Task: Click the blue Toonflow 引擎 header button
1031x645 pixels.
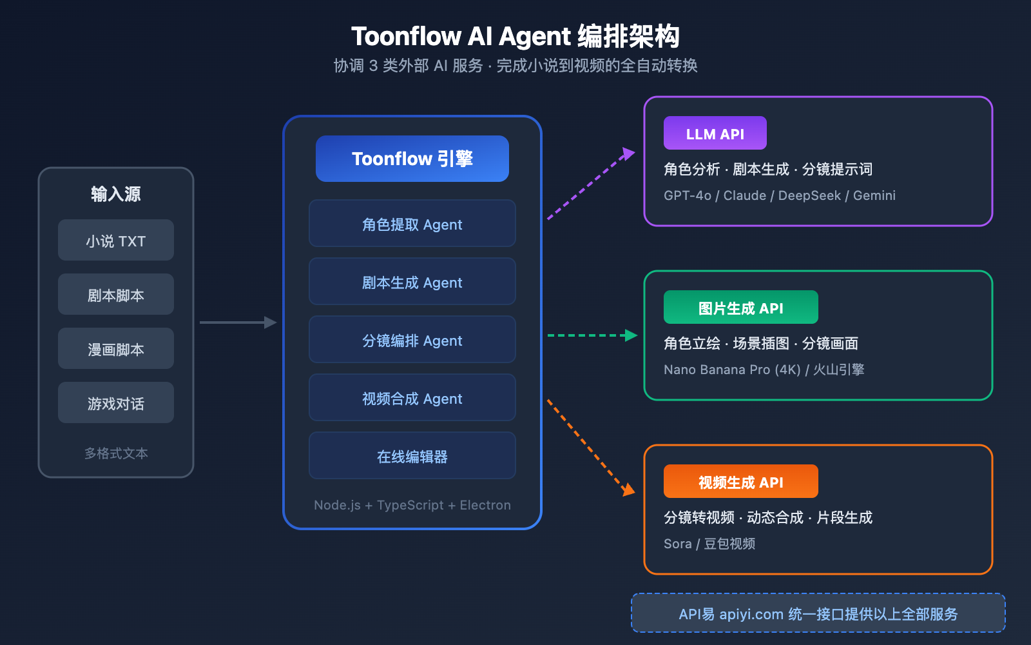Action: pos(412,159)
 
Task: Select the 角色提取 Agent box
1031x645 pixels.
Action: pos(412,223)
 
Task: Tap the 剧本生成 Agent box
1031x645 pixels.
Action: pos(412,281)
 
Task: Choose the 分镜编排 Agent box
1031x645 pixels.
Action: pos(412,339)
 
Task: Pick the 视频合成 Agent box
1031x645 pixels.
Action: pos(412,397)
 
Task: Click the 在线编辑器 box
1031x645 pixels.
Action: pos(412,455)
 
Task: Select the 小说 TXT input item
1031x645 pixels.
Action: pos(116,240)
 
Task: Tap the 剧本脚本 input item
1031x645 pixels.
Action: pos(116,294)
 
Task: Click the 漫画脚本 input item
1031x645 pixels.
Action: pos(116,348)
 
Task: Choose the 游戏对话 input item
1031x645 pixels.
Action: pos(116,402)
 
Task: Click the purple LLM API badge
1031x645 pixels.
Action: pos(715,133)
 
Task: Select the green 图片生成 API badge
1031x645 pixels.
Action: pos(741,307)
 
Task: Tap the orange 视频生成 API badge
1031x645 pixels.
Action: pos(741,481)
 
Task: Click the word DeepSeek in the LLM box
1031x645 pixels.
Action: pos(809,195)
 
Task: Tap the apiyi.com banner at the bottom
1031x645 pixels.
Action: pos(818,613)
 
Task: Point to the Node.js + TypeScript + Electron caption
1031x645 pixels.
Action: pos(412,505)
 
